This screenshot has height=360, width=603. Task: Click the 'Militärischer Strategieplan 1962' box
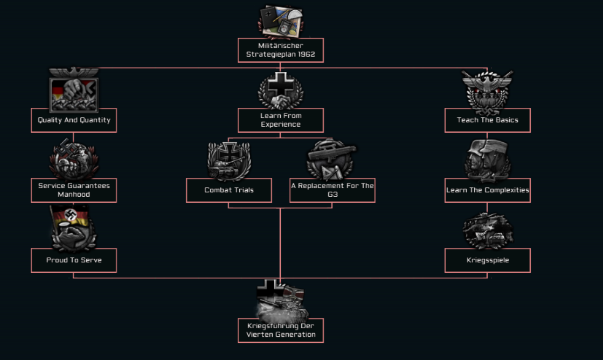click(x=280, y=50)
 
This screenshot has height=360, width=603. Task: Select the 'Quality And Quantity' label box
click(x=74, y=120)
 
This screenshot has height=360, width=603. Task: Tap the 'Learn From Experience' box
click(x=280, y=120)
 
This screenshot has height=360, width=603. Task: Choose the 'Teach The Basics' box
click(x=487, y=120)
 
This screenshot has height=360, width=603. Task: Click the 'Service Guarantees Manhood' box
click(x=74, y=190)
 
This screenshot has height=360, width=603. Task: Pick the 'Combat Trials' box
click(x=229, y=190)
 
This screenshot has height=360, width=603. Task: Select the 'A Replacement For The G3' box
click(x=332, y=190)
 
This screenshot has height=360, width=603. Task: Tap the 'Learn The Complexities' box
click(x=487, y=190)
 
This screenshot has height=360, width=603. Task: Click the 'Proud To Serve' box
click(x=74, y=260)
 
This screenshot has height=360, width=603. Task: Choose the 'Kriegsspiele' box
click(x=487, y=260)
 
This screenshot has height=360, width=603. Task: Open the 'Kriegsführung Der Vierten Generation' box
click(x=280, y=330)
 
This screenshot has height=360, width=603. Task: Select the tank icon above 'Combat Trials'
click(x=229, y=161)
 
